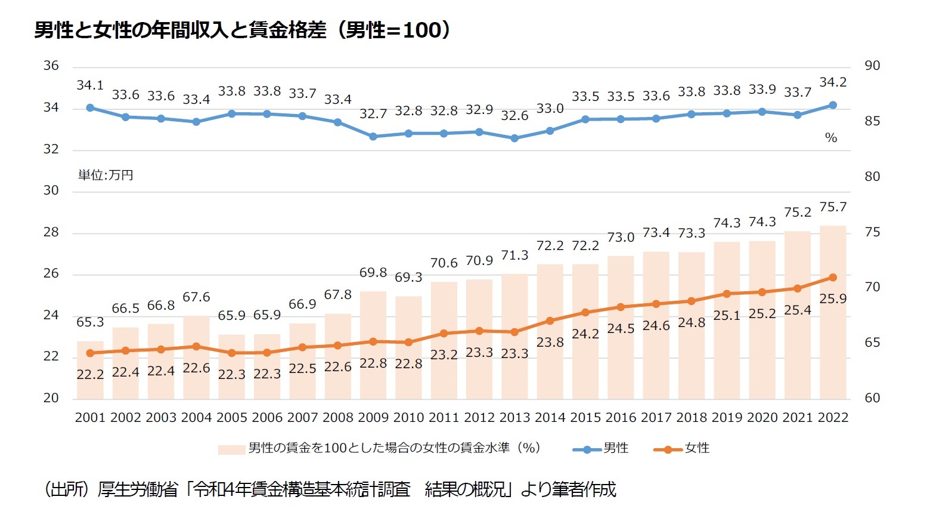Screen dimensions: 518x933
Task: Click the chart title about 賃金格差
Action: click(241, 30)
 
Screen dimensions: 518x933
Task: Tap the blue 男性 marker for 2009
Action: click(373, 137)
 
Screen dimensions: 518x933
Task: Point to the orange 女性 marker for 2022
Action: click(833, 277)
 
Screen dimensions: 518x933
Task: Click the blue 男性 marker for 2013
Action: click(514, 138)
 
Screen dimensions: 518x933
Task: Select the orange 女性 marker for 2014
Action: click(550, 321)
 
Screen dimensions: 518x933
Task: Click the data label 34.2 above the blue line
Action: click(833, 82)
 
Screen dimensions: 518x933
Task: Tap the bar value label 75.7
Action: click(833, 207)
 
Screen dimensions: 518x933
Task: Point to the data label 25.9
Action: click(833, 298)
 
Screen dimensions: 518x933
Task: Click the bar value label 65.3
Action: click(90, 322)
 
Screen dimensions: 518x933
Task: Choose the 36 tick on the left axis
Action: click(51, 66)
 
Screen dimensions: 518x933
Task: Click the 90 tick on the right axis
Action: click(872, 66)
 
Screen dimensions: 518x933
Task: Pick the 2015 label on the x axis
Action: click(585, 418)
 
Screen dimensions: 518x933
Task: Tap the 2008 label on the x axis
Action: click(338, 418)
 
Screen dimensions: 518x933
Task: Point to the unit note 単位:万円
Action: click(106, 175)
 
